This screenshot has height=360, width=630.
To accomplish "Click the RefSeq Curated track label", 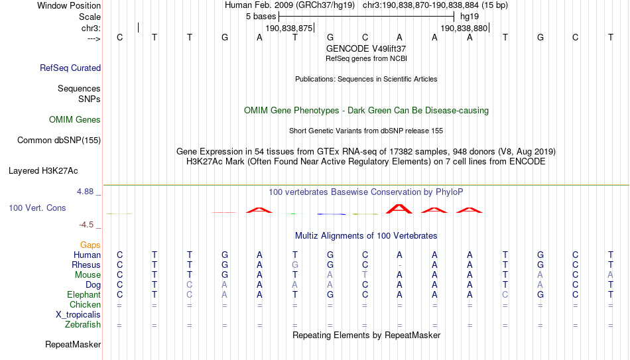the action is coord(70,68).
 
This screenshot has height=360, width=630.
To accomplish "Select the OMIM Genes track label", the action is coord(75,120).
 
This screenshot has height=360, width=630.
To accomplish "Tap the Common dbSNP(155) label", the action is coord(59,141).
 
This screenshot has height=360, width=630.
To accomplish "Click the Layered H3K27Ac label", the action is coord(43,171).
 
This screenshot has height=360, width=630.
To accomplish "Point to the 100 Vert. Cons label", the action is coord(37,208).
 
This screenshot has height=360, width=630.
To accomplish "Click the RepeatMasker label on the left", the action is coord(73,344).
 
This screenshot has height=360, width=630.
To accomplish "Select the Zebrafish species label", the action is coord(83,324).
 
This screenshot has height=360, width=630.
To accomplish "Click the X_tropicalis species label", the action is coord(78,315).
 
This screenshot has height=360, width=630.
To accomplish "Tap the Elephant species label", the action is coord(84,295).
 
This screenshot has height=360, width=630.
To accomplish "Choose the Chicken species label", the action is coord(85,304).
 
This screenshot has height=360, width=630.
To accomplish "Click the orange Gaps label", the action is coord(90,245).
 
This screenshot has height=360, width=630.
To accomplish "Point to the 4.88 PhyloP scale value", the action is coord(85,192).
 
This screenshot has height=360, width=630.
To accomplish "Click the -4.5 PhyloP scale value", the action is coord(86,225).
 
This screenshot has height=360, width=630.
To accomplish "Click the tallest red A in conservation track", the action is coord(399,209).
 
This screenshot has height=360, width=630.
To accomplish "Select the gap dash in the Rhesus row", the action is coord(399,266).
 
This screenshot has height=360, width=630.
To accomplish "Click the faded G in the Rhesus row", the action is coord(295,265).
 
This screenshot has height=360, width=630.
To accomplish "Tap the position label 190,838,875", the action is coord(289,28).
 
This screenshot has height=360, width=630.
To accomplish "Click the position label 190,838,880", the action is coord(464,28).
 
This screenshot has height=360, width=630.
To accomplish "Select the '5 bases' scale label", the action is coord(261,17).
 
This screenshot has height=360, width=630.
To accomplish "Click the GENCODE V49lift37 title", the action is coord(366,48).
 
